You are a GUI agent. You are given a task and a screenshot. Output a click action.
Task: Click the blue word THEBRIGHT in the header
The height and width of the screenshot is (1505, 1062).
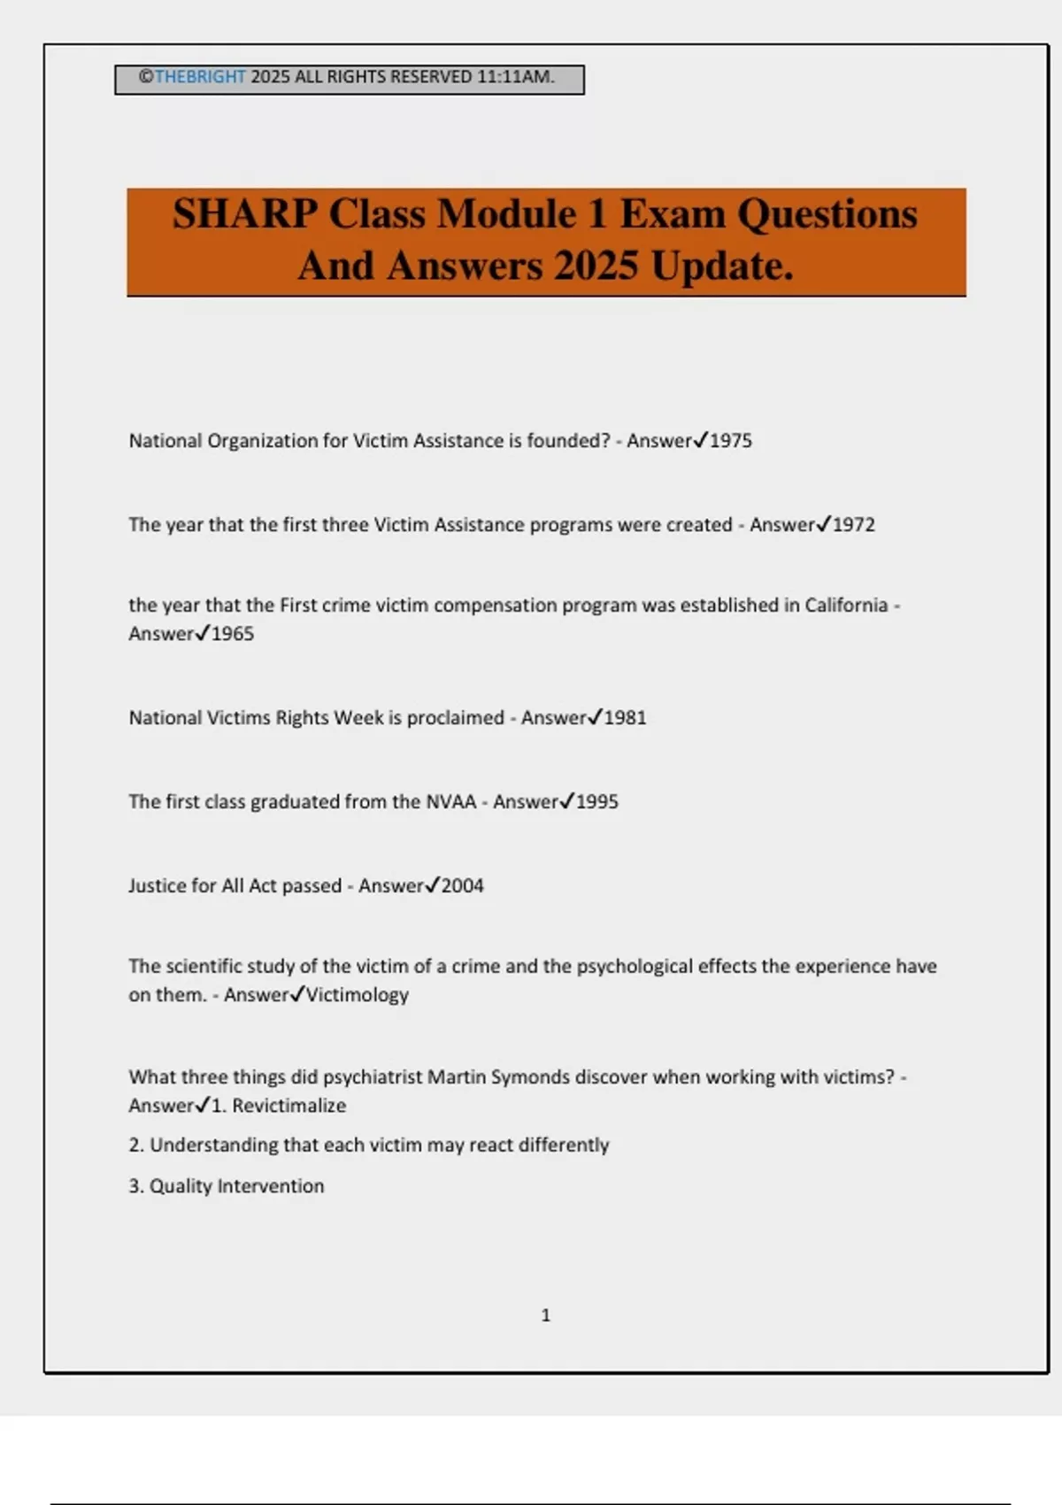(200, 77)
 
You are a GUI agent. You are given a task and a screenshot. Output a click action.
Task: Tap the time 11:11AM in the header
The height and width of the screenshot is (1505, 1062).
(515, 77)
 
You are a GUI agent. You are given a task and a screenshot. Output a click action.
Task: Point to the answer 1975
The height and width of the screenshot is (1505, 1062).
(731, 441)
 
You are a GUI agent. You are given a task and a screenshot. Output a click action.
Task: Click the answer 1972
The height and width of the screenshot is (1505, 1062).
(854, 525)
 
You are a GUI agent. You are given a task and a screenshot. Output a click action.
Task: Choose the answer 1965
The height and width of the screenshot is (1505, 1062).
(233, 634)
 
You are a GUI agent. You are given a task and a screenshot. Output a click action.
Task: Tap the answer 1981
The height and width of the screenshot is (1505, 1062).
(626, 718)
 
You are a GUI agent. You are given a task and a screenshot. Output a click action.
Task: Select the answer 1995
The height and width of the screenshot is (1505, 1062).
(597, 802)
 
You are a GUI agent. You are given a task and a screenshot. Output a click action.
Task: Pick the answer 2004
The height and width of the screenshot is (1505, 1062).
(463, 886)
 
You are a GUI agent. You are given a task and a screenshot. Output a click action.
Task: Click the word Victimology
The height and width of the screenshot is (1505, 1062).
(358, 995)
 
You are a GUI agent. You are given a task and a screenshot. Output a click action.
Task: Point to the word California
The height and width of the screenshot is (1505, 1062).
(846, 606)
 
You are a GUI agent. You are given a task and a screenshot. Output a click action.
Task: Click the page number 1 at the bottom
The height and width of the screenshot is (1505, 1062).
(546, 1316)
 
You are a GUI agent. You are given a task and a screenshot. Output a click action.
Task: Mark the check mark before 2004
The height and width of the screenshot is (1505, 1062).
(433, 885)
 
